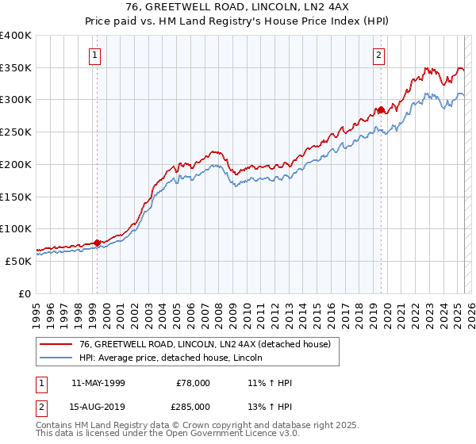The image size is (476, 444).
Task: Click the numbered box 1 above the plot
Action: [95, 55]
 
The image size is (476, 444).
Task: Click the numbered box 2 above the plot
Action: [379, 55]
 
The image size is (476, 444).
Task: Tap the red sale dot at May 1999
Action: [98, 243]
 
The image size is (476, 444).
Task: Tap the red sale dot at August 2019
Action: [382, 109]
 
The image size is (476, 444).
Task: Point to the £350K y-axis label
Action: [16, 68]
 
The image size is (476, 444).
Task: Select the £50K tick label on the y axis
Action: [18, 261]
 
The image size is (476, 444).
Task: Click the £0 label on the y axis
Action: [25, 293]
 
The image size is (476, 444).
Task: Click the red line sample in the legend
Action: [56, 344]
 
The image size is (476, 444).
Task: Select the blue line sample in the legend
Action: [56, 358]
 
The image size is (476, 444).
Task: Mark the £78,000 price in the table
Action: [194, 383]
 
